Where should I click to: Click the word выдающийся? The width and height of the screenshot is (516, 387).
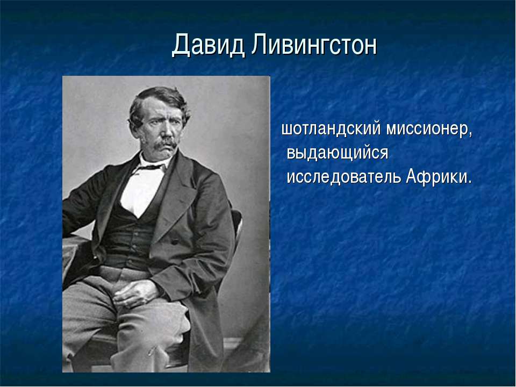[338, 153]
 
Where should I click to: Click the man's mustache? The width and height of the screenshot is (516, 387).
[166, 144]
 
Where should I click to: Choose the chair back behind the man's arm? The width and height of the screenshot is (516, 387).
[236, 223]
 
